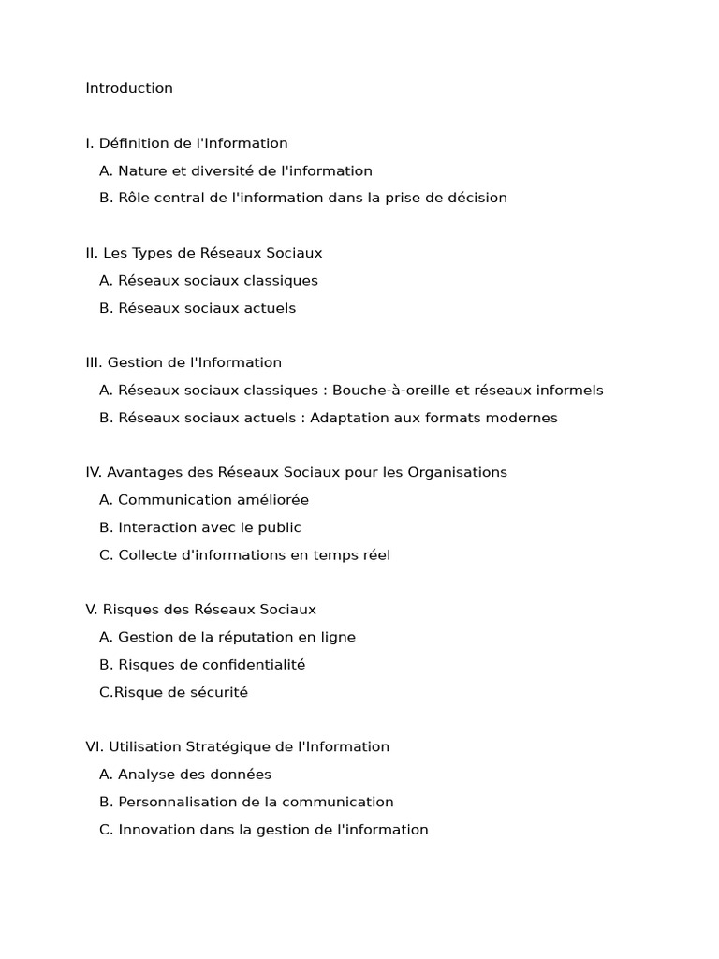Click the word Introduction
pos(129,88)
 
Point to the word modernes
pos(522,418)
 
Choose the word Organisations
pos(456,472)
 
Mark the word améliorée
pos(271,500)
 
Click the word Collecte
pos(146,554)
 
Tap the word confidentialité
pos(253,664)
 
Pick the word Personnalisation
pos(175,802)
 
